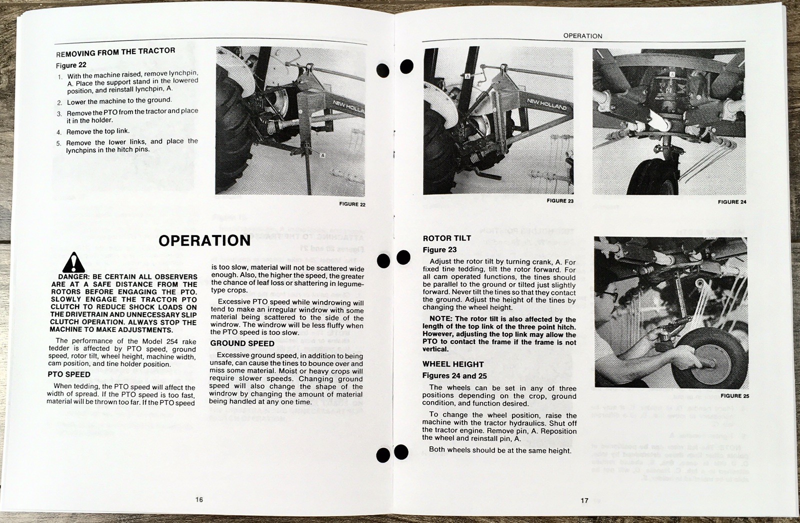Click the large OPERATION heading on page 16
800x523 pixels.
[204, 241]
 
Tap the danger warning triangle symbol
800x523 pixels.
[73, 262]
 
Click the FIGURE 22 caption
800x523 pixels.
[352, 204]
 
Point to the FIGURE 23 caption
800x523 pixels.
[560, 201]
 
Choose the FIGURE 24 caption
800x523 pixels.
[731, 202]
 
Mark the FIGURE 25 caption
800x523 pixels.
[734, 396]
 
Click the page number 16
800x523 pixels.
[199, 499]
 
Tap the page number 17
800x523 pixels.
[584, 500]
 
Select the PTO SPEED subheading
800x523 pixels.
[69, 374]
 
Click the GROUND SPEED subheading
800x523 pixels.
[242, 343]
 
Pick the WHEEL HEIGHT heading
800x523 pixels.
[453, 364]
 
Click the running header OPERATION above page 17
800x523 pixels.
[582, 36]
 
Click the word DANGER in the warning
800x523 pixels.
[73, 277]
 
